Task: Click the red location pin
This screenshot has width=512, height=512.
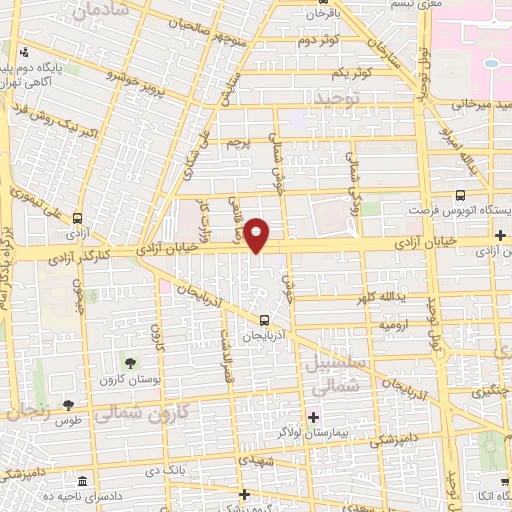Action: pos(258,234)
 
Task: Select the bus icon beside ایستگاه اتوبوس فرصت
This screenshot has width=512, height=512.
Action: pos(460,196)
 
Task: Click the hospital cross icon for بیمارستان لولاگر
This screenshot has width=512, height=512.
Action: pos(313,416)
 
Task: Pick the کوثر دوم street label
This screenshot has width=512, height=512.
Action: pos(319,40)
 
